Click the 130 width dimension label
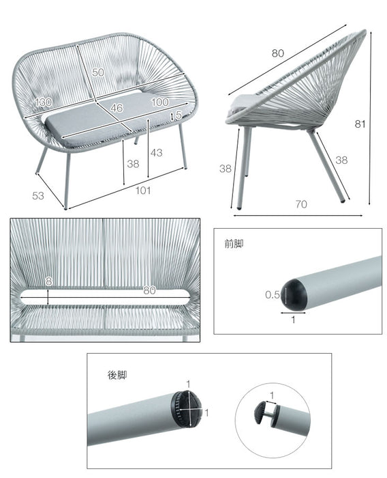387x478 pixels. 43,102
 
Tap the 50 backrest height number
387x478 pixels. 98,72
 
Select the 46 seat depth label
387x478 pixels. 117,108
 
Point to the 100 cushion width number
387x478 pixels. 159,102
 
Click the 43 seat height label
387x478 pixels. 157,153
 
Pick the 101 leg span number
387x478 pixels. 143,191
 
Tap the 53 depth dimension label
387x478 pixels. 38,196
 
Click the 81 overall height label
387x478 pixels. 360,124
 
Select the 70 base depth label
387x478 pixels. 301,204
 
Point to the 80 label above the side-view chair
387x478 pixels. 278,53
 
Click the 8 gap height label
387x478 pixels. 48,281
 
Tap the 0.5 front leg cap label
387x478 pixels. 273,294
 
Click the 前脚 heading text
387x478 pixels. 234,244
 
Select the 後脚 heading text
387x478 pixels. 117,375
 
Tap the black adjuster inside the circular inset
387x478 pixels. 260,412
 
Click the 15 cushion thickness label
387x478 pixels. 176,115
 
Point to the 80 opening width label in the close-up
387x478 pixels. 149,290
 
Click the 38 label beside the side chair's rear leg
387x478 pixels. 341,160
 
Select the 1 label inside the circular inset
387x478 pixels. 272,395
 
